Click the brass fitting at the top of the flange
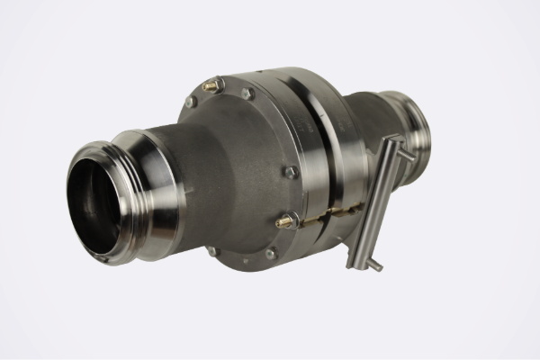click(x=212, y=85)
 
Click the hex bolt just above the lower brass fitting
click(x=290, y=171)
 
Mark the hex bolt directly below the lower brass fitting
click(x=270, y=253)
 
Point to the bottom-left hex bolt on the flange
click(x=213, y=250)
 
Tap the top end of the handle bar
click(x=393, y=139)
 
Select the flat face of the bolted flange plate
click(x=243, y=171)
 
